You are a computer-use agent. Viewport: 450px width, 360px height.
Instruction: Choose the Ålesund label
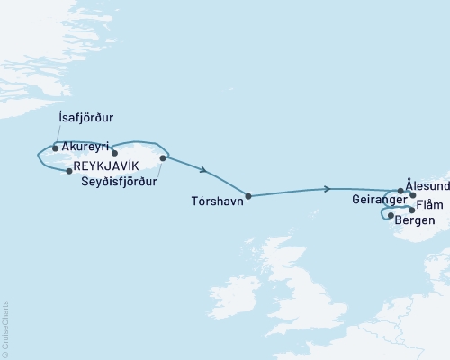427,180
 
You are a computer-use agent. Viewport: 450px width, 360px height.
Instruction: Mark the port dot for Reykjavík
69,171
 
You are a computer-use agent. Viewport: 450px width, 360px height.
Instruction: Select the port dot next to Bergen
391,216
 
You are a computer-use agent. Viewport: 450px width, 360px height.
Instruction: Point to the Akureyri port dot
114,153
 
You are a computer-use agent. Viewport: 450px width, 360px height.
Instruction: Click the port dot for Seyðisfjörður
163,158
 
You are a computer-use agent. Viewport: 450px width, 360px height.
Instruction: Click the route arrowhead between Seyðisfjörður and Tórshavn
206,170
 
